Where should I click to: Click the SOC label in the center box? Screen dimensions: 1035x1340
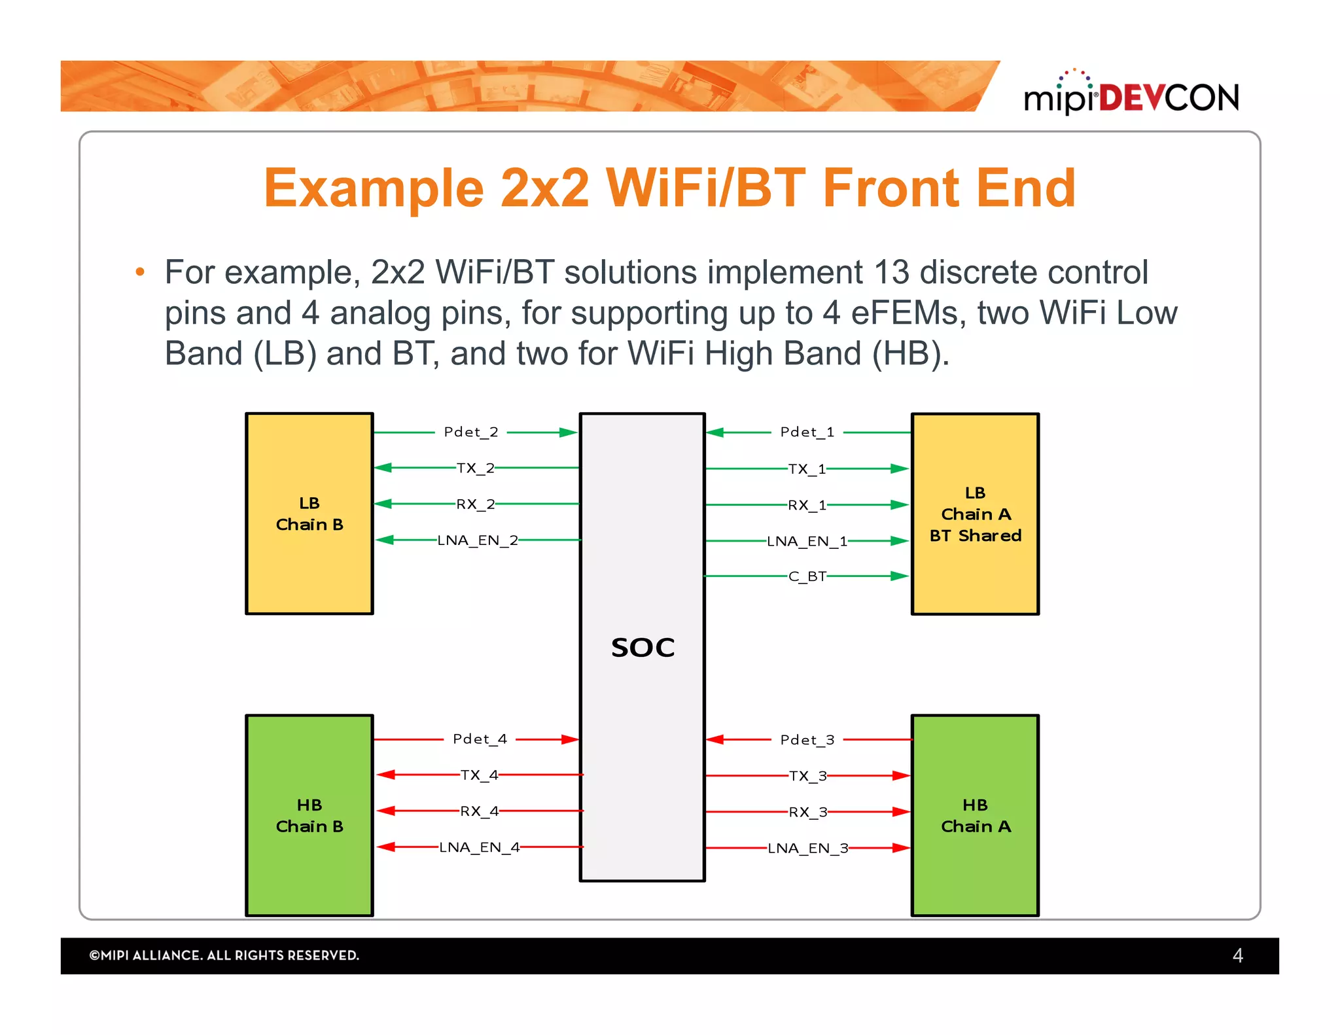click(x=643, y=648)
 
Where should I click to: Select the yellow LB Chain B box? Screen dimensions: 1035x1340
click(x=309, y=514)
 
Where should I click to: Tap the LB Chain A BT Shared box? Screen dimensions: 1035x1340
click(x=975, y=514)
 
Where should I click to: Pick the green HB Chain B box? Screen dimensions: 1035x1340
click(x=309, y=815)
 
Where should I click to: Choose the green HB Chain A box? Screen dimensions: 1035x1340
click(x=975, y=815)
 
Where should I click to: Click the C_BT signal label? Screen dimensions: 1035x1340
click(x=807, y=576)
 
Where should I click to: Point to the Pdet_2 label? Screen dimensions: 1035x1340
click(x=471, y=432)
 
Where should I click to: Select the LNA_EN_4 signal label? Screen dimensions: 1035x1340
click(x=479, y=847)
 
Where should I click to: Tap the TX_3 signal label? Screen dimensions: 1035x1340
click(x=807, y=776)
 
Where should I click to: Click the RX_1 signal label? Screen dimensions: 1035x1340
click(x=807, y=505)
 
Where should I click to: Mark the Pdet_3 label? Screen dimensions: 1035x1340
click(x=807, y=740)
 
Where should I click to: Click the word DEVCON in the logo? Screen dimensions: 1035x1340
click(x=1169, y=98)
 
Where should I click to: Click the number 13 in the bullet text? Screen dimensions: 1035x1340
click(x=891, y=273)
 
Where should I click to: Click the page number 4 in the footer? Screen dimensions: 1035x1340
click(x=1237, y=956)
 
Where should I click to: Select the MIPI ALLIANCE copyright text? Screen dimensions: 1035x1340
click(x=224, y=956)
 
